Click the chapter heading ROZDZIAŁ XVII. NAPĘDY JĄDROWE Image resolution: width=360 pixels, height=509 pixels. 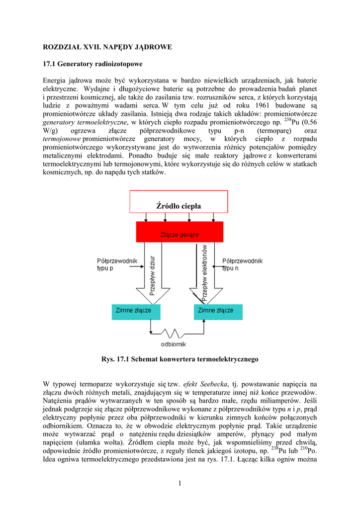107,47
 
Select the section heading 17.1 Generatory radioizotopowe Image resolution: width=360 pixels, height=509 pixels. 93,64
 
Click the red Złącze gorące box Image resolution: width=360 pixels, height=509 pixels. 180,232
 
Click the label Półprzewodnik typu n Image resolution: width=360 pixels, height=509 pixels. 242,264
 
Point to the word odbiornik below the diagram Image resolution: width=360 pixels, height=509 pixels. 173,344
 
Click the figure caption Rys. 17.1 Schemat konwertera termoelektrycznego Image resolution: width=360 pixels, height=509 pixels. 180,359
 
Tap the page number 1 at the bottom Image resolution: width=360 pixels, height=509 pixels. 180,482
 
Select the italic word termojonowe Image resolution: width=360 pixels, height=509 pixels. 61,139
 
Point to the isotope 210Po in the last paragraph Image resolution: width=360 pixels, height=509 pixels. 308,450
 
